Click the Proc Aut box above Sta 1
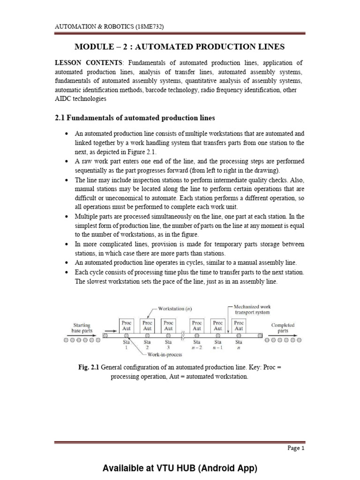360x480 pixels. point(126,325)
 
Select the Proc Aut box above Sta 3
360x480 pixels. point(169,325)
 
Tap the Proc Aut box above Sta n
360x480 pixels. point(239,325)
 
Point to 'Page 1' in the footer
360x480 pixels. point(296,448)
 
